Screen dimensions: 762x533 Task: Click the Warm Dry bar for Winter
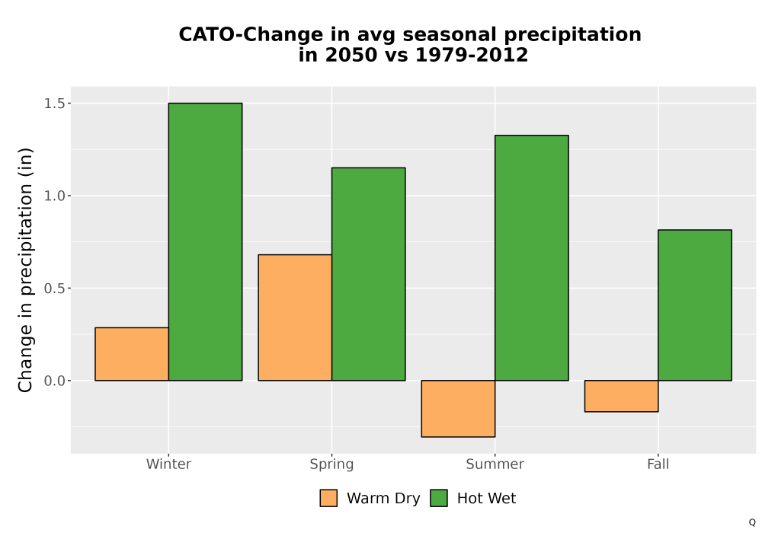(132, 354)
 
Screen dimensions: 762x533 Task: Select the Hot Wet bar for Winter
(205, 241)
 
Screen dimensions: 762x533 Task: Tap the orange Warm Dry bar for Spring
(295, 318)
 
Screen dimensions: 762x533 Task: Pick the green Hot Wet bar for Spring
(368, 274)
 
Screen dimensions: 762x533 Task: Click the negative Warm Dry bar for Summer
(458, 409)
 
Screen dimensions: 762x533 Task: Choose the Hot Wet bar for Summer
(532, 258)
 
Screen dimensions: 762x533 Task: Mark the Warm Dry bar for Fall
(622, 396)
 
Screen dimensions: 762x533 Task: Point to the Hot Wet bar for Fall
(695, 305)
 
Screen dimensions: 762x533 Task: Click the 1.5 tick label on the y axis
(54, 104)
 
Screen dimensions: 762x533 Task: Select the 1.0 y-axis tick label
(54, 196)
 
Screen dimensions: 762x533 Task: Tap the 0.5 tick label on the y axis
(54, 289)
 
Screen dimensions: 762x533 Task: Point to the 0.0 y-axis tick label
(54, 381)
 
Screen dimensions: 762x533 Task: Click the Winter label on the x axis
(168, 464)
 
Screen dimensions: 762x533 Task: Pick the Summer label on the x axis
(495, 464)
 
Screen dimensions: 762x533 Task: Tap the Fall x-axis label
(658, 464)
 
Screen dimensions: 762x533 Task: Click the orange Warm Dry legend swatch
(328, 498)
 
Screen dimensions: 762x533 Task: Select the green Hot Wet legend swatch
(439, 498)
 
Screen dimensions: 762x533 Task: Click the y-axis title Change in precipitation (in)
(25, 270)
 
